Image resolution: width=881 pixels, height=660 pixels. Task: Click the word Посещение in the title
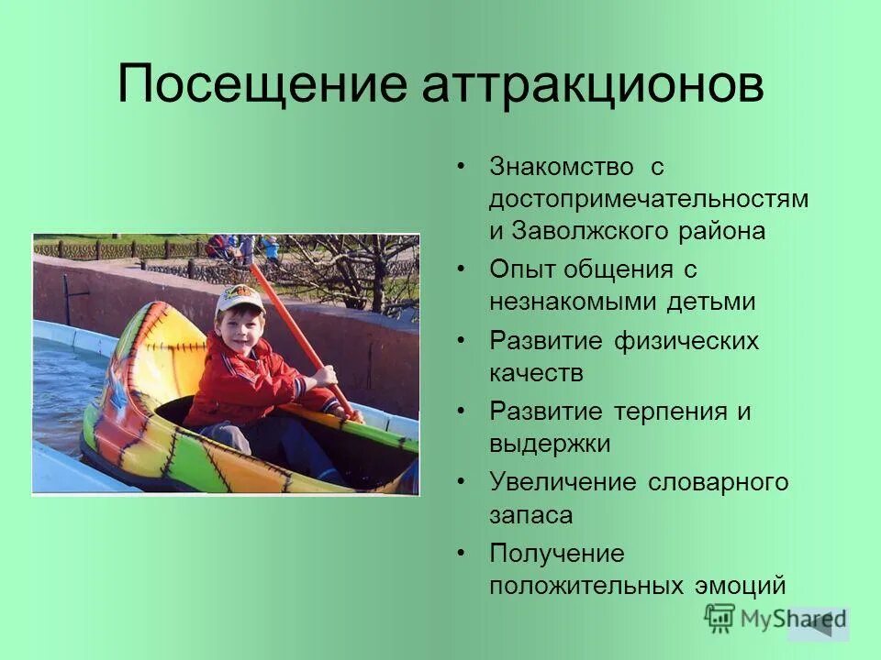262,85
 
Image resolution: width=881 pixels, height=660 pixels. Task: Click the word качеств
536,373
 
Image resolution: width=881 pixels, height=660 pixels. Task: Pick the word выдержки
550,444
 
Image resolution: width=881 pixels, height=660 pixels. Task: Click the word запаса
530,514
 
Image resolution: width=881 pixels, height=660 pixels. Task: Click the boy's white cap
240,301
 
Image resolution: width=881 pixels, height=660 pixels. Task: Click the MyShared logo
753,619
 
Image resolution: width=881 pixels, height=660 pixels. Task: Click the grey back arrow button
819,624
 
